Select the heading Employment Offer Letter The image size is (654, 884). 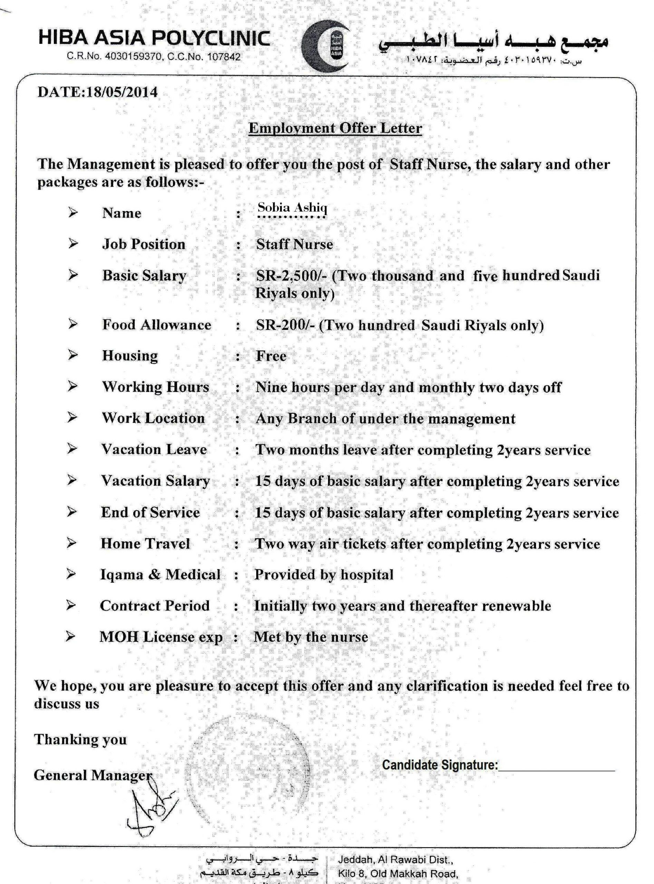(x=335, y=128)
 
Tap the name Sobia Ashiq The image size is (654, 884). (x=292, y=208)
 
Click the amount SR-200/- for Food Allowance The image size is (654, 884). (x=286, y=325)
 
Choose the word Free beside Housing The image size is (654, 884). (x=271, y=356)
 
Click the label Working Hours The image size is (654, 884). (x=155, y=387)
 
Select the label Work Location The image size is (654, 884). (x=153, y=418)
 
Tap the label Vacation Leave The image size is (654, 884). (x=154, y=449)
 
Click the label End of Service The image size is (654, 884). (x=151, y=512)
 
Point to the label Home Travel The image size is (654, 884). (x=145, y=544)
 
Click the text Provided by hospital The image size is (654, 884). (x=324, y=575)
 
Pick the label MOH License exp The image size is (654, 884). (x=161, y=637)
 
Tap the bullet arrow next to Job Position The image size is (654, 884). (x=73, y=243)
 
